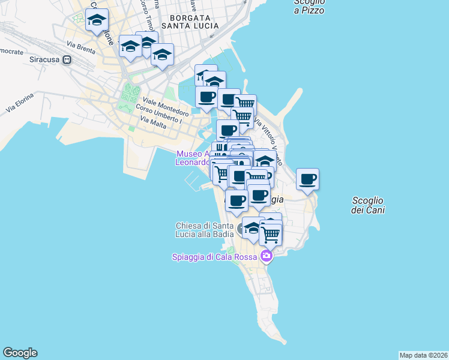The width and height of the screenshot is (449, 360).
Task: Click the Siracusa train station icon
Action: (67, 60)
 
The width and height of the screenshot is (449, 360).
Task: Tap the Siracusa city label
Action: (45, 60)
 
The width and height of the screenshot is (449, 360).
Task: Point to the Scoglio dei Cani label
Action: (368, 205)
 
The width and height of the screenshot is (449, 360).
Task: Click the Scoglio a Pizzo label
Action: (309, 6)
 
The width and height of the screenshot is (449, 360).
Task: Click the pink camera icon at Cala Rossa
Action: (266, 257)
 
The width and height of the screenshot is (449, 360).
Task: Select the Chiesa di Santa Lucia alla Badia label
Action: (204, 230)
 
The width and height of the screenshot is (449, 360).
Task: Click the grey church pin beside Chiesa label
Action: (243, 229)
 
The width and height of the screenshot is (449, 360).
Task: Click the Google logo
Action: (20, 353)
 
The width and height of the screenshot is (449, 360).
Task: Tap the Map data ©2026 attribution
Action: (423, 355)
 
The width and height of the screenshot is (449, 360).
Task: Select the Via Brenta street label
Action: (80, 45)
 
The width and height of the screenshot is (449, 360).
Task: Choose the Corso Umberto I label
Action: (158, 112)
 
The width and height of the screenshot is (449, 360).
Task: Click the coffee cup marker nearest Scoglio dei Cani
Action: (308, 179)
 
